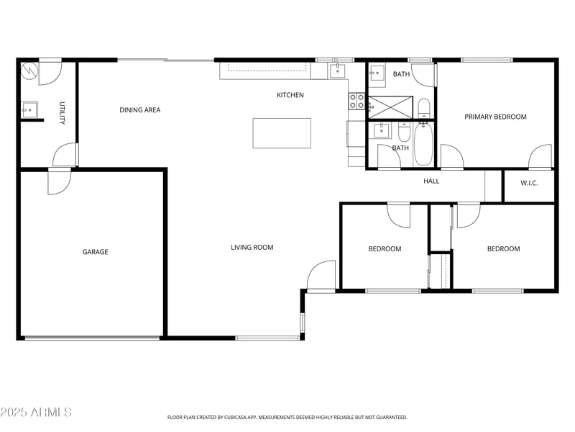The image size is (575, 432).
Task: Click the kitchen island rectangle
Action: tap(282, 133)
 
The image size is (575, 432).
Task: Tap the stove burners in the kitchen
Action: tap(356, 102)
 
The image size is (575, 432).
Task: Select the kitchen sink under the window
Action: tap(337, 71)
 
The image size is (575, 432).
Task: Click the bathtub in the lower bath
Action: tap(423, 143)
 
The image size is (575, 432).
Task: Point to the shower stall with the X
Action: tap(390, 107)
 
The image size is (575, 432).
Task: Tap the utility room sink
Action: tap(29, 109)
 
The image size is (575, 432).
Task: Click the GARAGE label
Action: tap(95, 252)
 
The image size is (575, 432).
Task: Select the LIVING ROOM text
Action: tap(252, 248)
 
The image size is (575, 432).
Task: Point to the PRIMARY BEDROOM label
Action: tap(495, 117)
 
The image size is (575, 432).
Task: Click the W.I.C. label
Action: tap(529, 183)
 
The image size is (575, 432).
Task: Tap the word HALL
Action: tap(431, 181)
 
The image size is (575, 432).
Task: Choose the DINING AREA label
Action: tap(139, 110)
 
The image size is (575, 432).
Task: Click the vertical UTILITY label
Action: tap(62, 113)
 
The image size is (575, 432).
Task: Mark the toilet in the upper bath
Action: tap(424, 109)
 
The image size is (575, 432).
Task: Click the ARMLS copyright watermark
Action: tap(36, 413)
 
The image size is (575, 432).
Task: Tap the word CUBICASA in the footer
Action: tap(237, 418)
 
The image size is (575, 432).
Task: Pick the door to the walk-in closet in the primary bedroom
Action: tap(540, 156)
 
